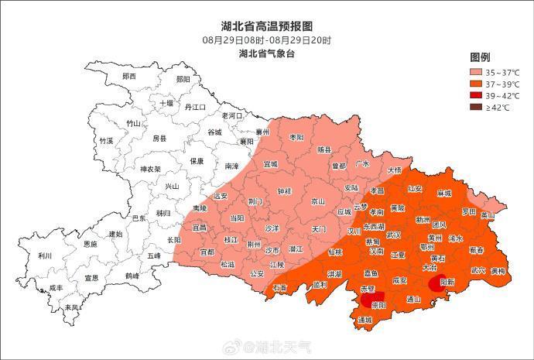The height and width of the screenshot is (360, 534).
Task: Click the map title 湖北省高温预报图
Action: pos(267,26)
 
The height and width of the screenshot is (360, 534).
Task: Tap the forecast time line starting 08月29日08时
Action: pos(267,39)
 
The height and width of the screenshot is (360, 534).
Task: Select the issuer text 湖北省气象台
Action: pos(267,53)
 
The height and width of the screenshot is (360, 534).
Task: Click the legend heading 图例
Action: pos(480,57)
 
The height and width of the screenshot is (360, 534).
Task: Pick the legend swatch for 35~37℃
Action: pos(476,72)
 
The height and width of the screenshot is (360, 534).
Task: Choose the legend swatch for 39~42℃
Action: pos(476,95)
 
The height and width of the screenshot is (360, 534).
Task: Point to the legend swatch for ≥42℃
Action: pos(476,108)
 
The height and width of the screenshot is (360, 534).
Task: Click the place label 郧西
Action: pos(129,77)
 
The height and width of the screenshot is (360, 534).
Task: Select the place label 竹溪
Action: pos(106,141)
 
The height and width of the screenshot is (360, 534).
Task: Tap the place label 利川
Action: pos(45,256)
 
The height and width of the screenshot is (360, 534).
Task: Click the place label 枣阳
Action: pos(296,137)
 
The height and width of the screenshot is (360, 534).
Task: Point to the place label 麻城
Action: pos(443,192)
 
